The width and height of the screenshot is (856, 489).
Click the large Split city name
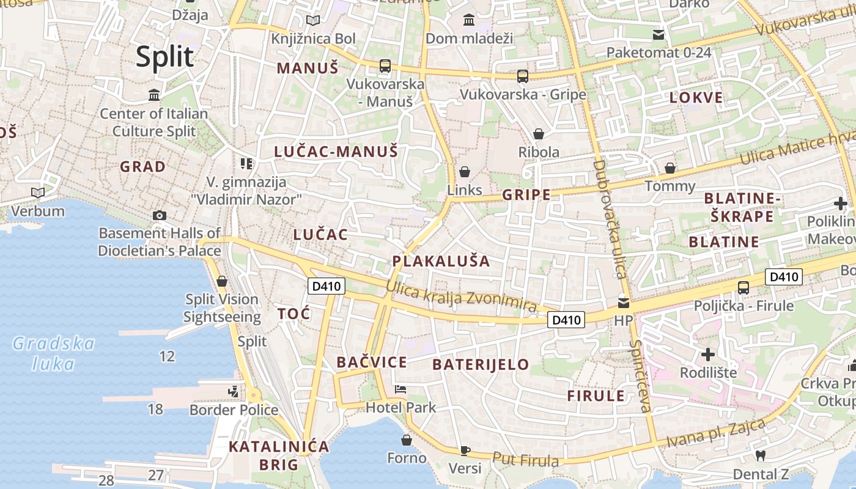tap(164, 57)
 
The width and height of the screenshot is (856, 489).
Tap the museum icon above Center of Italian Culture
tap(154, 95)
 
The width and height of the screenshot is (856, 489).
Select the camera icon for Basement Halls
tap(160, 215)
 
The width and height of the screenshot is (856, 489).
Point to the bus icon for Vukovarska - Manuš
tap(385, 66)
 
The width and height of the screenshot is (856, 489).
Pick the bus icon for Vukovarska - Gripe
tap(522, 76)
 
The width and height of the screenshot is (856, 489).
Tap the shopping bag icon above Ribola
tap(539, 134)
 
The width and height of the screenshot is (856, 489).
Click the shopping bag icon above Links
tap(465, 172)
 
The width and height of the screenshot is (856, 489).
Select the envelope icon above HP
tap(623, 303)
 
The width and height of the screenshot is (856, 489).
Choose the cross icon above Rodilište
tap(707, 355)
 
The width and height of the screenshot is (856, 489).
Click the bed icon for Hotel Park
tap(400, 389)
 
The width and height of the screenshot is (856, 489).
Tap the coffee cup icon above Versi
tap(465, 451)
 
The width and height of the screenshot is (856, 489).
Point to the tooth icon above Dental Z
tap(761, 455)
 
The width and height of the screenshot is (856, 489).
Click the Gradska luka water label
tap(54, 353)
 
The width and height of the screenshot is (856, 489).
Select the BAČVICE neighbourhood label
tap(372, 362)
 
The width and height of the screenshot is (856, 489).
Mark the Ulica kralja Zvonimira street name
tap(462, 295)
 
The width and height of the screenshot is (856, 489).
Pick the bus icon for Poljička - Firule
tap(743, 287)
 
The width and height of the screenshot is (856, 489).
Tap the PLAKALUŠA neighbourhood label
tap(441, 262)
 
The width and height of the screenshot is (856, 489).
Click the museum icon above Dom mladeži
tap(469, 20)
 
